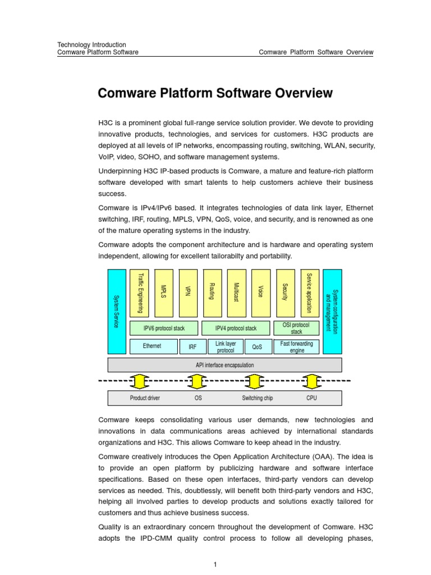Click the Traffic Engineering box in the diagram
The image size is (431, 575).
[140, 293]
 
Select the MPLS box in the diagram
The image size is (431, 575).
[164, 293]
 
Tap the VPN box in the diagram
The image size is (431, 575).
[188, 293]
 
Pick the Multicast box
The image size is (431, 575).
[236, 293]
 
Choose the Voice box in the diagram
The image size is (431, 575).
[260, 293]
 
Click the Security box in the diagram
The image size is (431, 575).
[285, 293]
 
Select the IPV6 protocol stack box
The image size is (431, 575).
[164, 328]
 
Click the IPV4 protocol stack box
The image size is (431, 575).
[236, 328]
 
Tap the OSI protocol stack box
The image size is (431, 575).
[296, 328]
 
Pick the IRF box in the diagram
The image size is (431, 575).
[192, 347]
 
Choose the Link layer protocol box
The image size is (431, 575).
[225, 347]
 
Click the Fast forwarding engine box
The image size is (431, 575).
[296, 346]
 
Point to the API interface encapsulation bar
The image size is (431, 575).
[224, 365]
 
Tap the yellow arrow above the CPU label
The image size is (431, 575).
[311, 381]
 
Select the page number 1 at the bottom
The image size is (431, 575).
[215, 565]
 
